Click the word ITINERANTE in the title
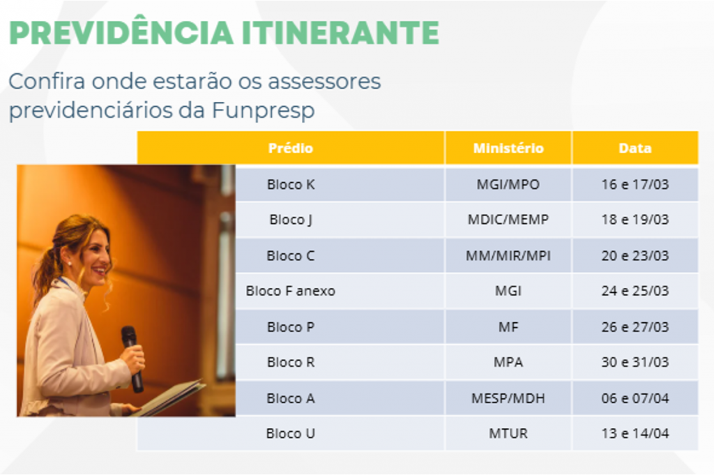tap(340, 33)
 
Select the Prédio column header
tap(291, 148)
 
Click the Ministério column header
tap(508, 148)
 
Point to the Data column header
tap(635, 148)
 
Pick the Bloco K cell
tap(291, 184)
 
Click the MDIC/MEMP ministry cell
tap(508, 220)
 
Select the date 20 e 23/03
tap(635, 255)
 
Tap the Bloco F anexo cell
tap(291, 291)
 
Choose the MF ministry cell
tap(508, 327)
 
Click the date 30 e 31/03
tap(635, 362)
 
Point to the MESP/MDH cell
tap(508, 398)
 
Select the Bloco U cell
tap(291, 433)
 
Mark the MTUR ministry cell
tap(508, 433)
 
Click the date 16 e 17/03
tap(635, 184)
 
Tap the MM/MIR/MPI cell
tap(508, 255)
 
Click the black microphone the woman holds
tap(132, 359)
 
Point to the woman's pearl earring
tap(70, 264)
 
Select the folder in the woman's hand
tap(169, 397)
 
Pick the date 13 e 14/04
tap(635, 433)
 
